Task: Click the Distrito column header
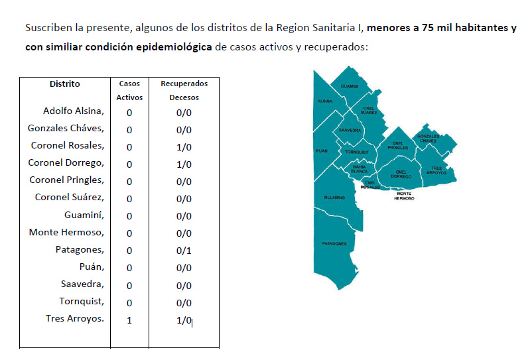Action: point(64,84)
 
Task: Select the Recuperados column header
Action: point(184,84)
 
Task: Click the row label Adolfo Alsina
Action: point(74,111)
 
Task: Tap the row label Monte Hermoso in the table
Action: point(66,232)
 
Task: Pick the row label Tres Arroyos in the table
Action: point(75,318)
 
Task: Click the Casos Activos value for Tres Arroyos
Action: point(129,320)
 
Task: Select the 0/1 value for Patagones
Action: point(184,251)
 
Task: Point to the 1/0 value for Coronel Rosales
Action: point(184,147)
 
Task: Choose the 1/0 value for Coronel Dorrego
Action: point(184,164)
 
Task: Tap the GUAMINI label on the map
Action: point(350,87)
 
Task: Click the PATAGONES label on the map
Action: point(334,243)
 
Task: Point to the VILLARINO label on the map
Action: point(334,198)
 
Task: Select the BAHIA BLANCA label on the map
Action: point(359,168)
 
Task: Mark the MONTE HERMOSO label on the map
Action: point(404,196)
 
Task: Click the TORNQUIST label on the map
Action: point(356,152)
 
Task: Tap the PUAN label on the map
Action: point(322,151)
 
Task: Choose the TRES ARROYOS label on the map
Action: point(436,170)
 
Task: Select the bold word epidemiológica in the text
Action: point(177,47)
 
